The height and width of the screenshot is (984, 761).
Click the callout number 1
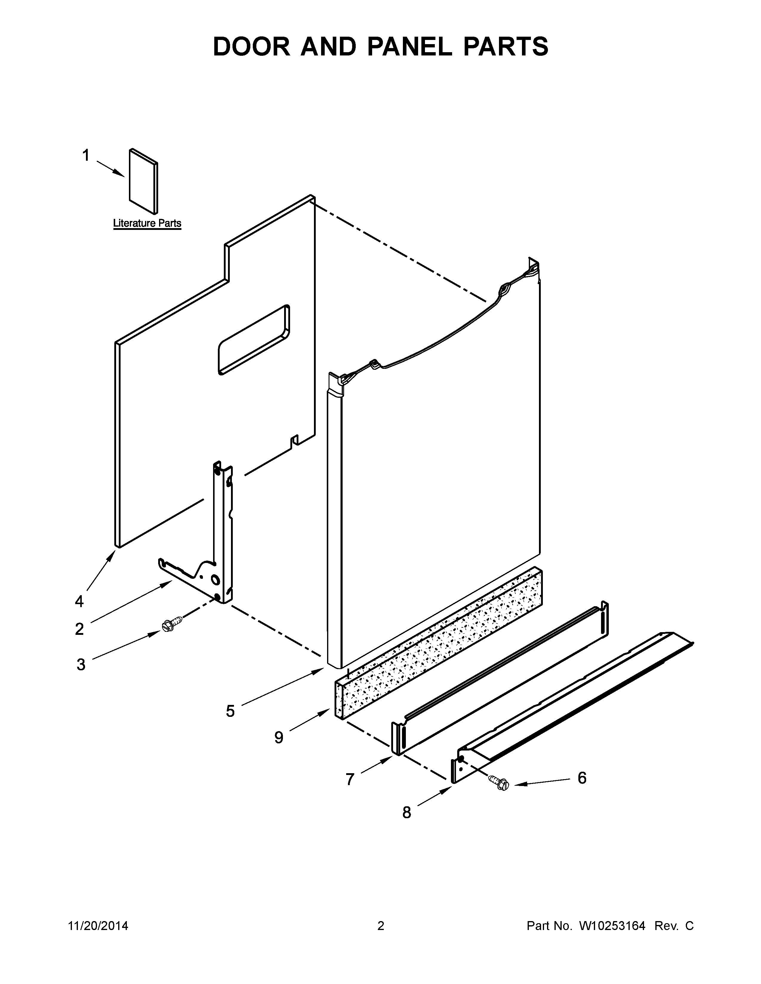86,156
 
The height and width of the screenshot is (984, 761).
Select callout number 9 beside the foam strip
279,737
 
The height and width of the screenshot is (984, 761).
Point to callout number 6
582,778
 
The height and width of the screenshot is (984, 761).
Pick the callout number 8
407,812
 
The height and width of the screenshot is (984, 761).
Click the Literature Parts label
147,223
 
